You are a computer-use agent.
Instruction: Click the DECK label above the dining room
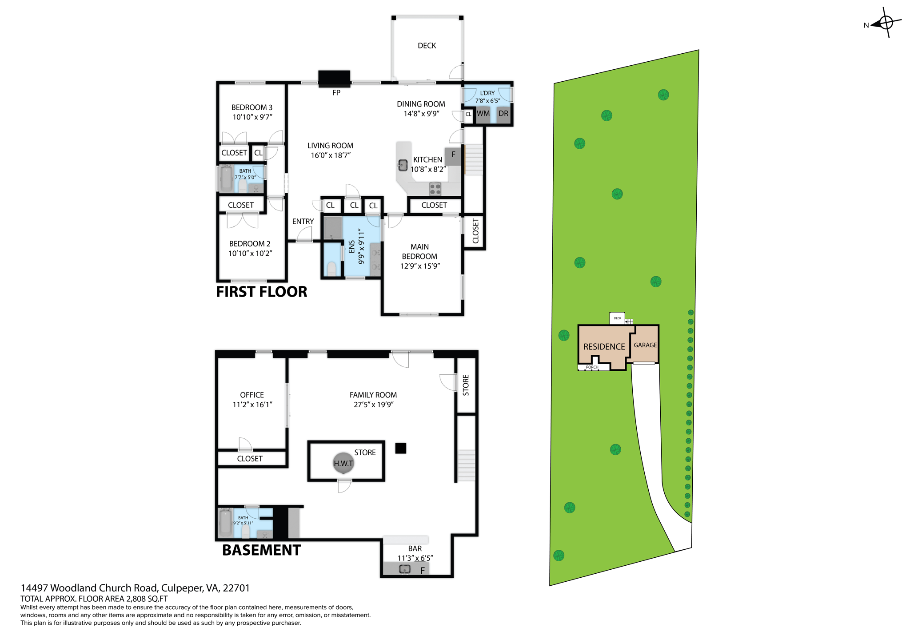point(427,46)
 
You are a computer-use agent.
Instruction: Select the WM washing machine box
point(483,114)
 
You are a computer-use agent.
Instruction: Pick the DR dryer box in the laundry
point(503,114)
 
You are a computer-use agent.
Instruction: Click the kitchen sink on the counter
point(403,165)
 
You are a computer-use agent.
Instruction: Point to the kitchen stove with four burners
point(435,189)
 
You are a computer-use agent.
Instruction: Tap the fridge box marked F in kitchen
point(453,155)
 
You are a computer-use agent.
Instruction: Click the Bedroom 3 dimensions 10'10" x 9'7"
point(252,117)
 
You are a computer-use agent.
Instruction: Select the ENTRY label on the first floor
point(303,222)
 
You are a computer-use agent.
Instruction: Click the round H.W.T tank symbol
point(343,463)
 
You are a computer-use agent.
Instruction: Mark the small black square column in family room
point(400,448)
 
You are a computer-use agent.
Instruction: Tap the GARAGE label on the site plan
point(645,345)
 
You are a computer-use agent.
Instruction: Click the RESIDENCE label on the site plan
point(604,347)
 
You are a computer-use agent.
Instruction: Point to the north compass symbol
point(885,23)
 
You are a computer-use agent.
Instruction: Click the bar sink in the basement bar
point(404,569)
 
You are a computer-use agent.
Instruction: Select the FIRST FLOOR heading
point(261,292)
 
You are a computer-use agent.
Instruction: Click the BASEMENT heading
point(261,550)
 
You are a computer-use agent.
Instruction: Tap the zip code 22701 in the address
point(236,588)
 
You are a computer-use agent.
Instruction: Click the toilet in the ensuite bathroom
point(331,268)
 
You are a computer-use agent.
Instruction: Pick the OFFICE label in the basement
point(252,395)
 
